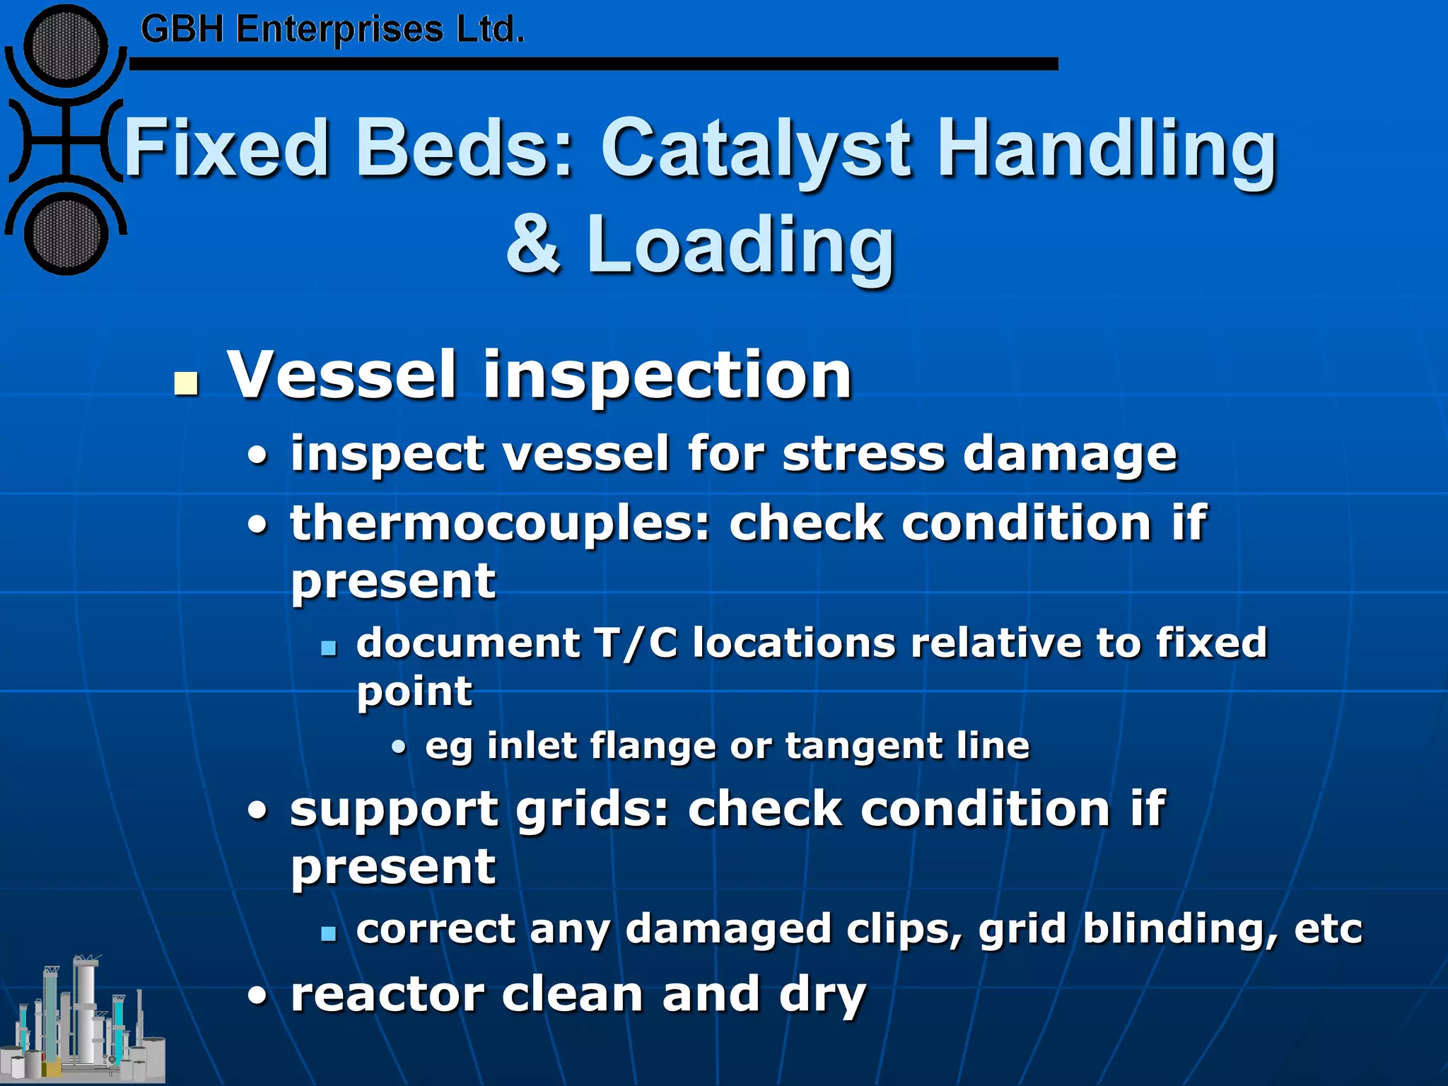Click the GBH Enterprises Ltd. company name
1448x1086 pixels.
click(x=332, y=30)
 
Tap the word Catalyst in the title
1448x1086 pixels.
click(x=757, y=148)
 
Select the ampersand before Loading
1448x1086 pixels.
click(x=533, y=244)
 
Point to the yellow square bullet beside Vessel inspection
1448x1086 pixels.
click(x=186, y=383)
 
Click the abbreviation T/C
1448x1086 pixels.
click(x=636, y=643)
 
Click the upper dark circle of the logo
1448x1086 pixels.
click(x=65, y=46)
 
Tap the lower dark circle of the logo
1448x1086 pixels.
click(x=65, y=234)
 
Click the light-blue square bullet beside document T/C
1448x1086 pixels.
click(x=328, y=647)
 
